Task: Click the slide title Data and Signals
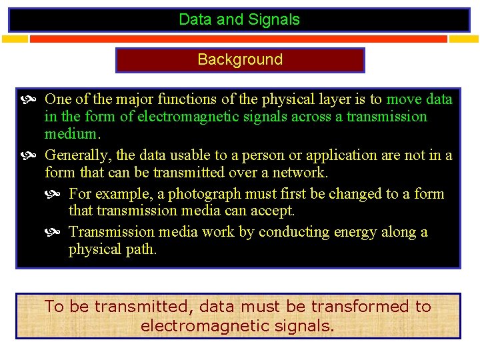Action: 239,19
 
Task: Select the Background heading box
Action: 240,59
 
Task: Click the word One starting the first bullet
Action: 58,99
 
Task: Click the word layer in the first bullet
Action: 319,99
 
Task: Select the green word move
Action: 404,99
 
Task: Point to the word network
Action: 300,173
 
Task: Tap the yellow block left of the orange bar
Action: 15,39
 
